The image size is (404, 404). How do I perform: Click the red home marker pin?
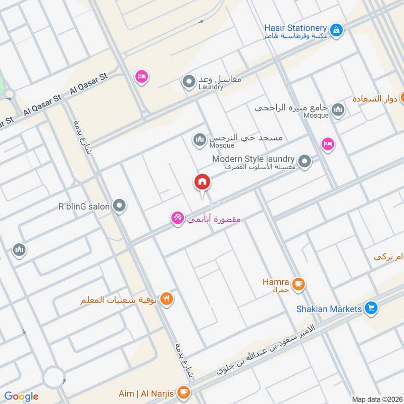[203, 182]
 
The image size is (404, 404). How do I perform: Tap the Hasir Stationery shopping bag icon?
[337, 30]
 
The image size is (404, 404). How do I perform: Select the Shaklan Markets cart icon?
[371, 308]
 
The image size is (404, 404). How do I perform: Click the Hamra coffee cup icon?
[299, 285]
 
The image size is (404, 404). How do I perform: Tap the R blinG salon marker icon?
[119, 206]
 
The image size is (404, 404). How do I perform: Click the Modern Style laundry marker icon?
[305, 162]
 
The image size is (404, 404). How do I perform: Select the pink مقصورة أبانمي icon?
[177, 219]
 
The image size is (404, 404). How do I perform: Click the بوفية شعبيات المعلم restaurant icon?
[167, 299]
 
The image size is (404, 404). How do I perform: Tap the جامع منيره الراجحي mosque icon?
[338, 110]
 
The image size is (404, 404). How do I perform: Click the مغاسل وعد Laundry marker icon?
[189, 81]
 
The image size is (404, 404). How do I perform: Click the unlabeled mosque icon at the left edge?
[19, 249]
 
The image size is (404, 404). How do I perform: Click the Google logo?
[21, 396]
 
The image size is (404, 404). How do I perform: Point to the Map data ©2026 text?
[376, 399]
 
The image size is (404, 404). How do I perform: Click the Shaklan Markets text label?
[329, 309]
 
